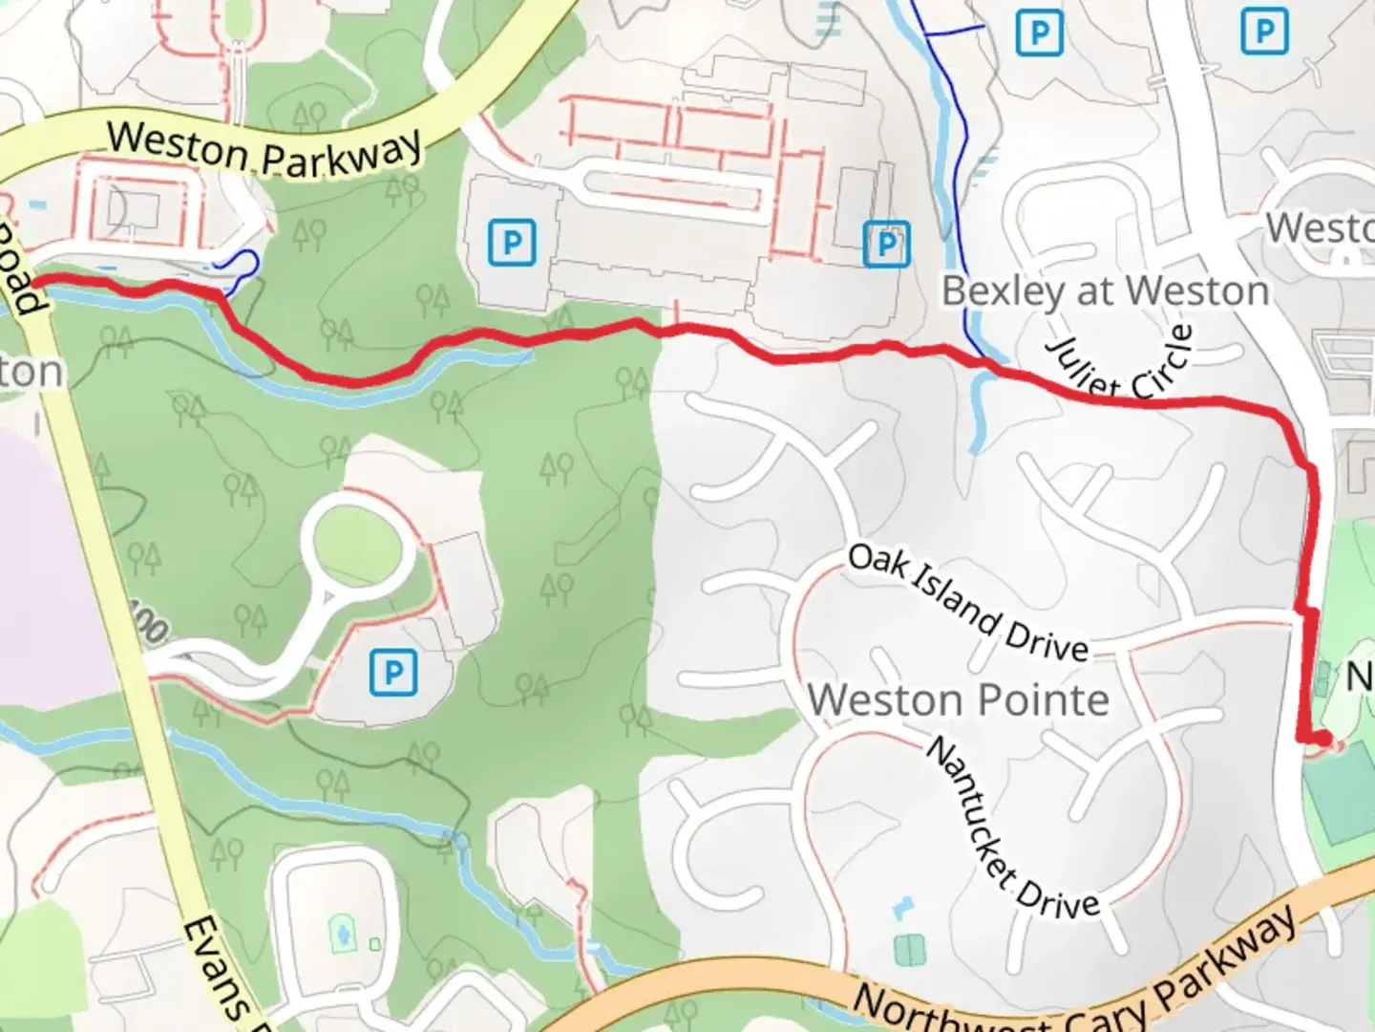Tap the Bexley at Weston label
pyautogui.click(x=1105, y=291)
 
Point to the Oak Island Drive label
pyautogui.click(x=967, y=604)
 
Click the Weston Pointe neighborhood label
pyautogui.click(x=959, y=700)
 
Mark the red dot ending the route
pyautogui.click(x=1322, y=738)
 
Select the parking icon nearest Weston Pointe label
pyautogui.click(x=392, y=673)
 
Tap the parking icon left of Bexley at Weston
pyautogui.click(x=885, y=245)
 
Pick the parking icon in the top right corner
pyautogui.click(x=1263, y=32)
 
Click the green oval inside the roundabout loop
pyautogui.click(x=358, y=545)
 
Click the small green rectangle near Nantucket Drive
pyautogui.click(x=909, y=949)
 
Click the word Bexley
pyautogui.click(x=1002, y=291)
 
